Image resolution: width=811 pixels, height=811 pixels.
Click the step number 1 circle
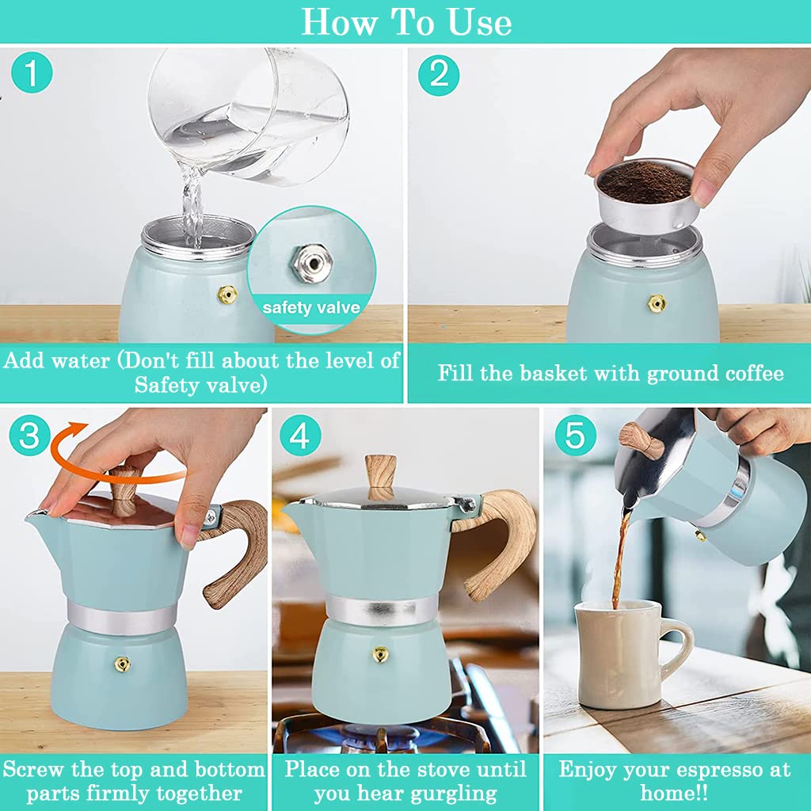click(x=32, y=73)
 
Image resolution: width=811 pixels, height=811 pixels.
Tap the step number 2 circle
click(x=439, y=75)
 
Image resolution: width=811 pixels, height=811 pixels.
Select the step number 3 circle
click(x=29, y=435)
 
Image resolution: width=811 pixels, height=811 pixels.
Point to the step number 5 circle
click(x=575, y=435)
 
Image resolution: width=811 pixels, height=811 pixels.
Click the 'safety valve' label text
click(x=310, y=308)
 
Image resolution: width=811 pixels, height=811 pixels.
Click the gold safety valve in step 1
click(x=227, y=295)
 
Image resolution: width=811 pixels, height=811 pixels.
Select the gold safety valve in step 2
click(x=657, y=303)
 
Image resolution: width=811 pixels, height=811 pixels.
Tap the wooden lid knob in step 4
click(x=380, y=476)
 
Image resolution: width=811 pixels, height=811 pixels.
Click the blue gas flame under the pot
click(x=380, y=735)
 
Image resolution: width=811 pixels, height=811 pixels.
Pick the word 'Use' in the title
click(x=479, y=22)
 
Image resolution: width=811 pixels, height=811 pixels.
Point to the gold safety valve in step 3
click(x=122, y=664)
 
